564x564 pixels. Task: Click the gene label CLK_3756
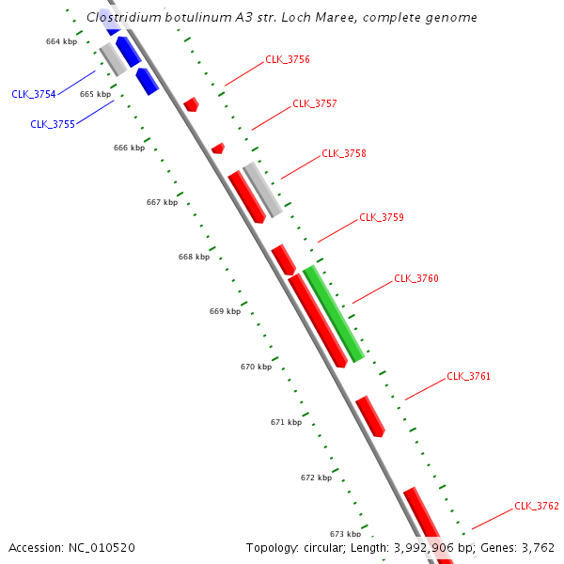click(288, 59)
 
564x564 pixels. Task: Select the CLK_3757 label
click(315, 103)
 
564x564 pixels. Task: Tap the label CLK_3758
click(344, 153)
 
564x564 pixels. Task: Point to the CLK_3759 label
click(382, 217)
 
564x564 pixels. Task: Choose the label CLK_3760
click(416, 278)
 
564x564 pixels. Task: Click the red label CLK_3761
click(468, 376)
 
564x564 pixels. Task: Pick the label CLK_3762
click(537, 506)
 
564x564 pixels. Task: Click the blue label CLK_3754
click(34, 94)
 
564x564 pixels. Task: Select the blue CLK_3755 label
click(53, 124)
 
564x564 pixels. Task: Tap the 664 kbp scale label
click(61, 41)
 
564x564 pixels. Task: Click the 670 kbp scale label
click(256, 367)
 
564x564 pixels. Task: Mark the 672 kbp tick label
click(316, 478)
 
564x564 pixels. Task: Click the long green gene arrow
click(334, 314)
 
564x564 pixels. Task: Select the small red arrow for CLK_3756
click(192, 103)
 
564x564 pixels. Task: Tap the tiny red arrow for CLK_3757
click(218, 149)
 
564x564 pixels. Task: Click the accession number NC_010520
click(103, 547)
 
